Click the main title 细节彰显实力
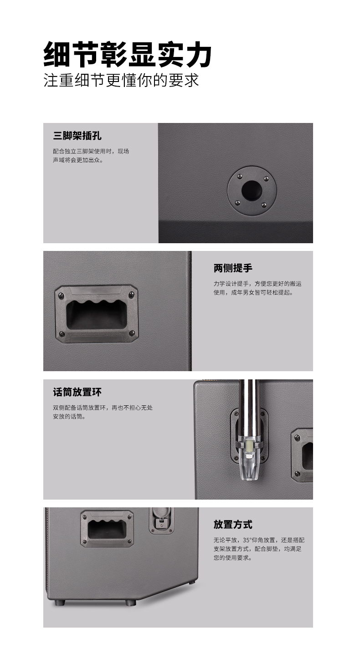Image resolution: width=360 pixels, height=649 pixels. coord(127,55)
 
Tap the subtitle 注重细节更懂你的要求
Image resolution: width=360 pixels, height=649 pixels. coord(121,80)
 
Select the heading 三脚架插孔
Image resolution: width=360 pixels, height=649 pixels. coord(77,136)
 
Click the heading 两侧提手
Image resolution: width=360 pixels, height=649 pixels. coord(233,268)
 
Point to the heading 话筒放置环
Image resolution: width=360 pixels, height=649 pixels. coord(77,392)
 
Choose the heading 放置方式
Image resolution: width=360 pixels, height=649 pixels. coord(233,524)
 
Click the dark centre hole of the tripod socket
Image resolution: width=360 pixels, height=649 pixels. coord(252,191)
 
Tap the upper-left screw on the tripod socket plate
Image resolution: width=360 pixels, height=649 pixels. coord(239,176)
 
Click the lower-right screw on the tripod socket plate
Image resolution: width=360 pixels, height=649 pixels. coord(264,205)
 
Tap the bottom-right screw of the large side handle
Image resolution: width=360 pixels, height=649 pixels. coord(132,333)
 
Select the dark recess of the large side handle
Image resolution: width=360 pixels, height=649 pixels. coord(97,315)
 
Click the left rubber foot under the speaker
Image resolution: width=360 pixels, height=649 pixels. coord(60,603)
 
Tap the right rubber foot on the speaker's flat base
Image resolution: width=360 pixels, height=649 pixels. coord(130,603)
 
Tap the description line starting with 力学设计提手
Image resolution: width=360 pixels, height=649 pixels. coord(257,284)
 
